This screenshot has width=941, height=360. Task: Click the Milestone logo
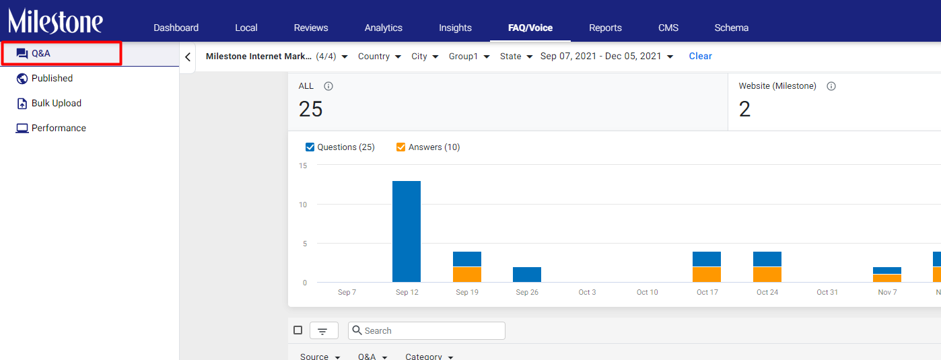(x=55, y=21)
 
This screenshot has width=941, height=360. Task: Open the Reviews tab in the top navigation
(x=311, y=28)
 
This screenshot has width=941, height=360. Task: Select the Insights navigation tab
(x=455, y=28)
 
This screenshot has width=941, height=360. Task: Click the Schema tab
(x=732, y=28)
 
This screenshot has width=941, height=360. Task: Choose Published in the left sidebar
(x=52, y=78)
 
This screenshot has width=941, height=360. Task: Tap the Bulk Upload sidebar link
(x=57, y=104)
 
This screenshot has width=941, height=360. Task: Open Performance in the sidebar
(x=59, y=128)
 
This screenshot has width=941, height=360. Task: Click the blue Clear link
(x=700, y=57)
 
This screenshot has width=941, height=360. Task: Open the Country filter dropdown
(x=380, y=57)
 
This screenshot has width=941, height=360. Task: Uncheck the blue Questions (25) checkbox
(x=310, y=147)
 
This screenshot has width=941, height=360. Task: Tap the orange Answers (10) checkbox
(x=400, y=147)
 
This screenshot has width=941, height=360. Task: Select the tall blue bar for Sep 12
(x=407, y=231)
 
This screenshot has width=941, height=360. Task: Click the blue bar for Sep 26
(x=527, y=275)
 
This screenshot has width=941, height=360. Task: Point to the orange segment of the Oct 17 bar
(x=707, y=275)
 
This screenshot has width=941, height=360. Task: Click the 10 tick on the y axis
(x=303, y=205)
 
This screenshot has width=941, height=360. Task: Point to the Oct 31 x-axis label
(x=827, y=292)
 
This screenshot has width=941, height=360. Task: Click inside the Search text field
(x=426, y=330)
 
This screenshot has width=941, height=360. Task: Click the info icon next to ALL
(x=328, y=86)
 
